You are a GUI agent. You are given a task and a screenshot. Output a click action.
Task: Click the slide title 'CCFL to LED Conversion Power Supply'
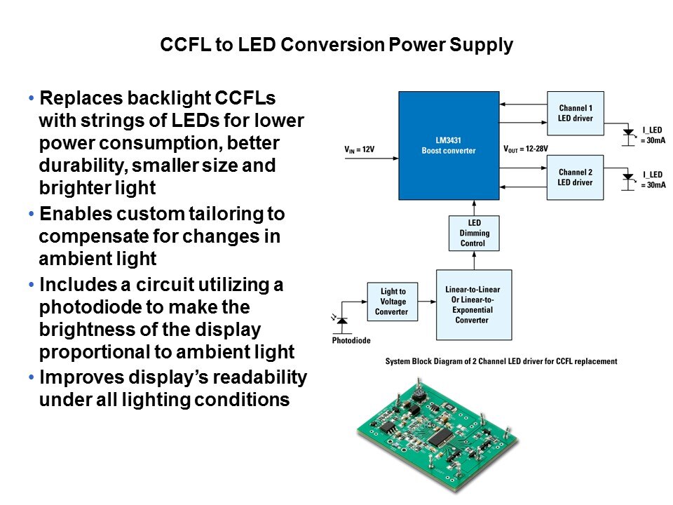click(336, 46)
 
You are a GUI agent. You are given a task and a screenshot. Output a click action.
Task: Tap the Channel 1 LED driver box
click(575, 113)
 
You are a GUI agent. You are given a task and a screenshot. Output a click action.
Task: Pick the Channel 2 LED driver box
click(575, 177)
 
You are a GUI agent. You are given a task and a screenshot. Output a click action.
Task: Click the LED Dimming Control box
click(475, 233)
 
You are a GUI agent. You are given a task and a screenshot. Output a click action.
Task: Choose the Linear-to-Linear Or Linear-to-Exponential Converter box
click(473, 304)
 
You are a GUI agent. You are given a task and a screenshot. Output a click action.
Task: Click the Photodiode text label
click(351, 341)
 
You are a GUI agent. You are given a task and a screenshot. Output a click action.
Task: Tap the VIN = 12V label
click(360, 149)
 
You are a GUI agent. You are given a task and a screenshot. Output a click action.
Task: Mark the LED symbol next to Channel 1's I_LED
click(627, 133)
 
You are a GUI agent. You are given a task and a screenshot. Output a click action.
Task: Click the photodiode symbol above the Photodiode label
click(341, 323)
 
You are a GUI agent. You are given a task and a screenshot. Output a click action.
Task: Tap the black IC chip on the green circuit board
click(440, 438)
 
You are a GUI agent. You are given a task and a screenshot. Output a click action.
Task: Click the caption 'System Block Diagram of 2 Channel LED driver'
click(501, 361)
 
